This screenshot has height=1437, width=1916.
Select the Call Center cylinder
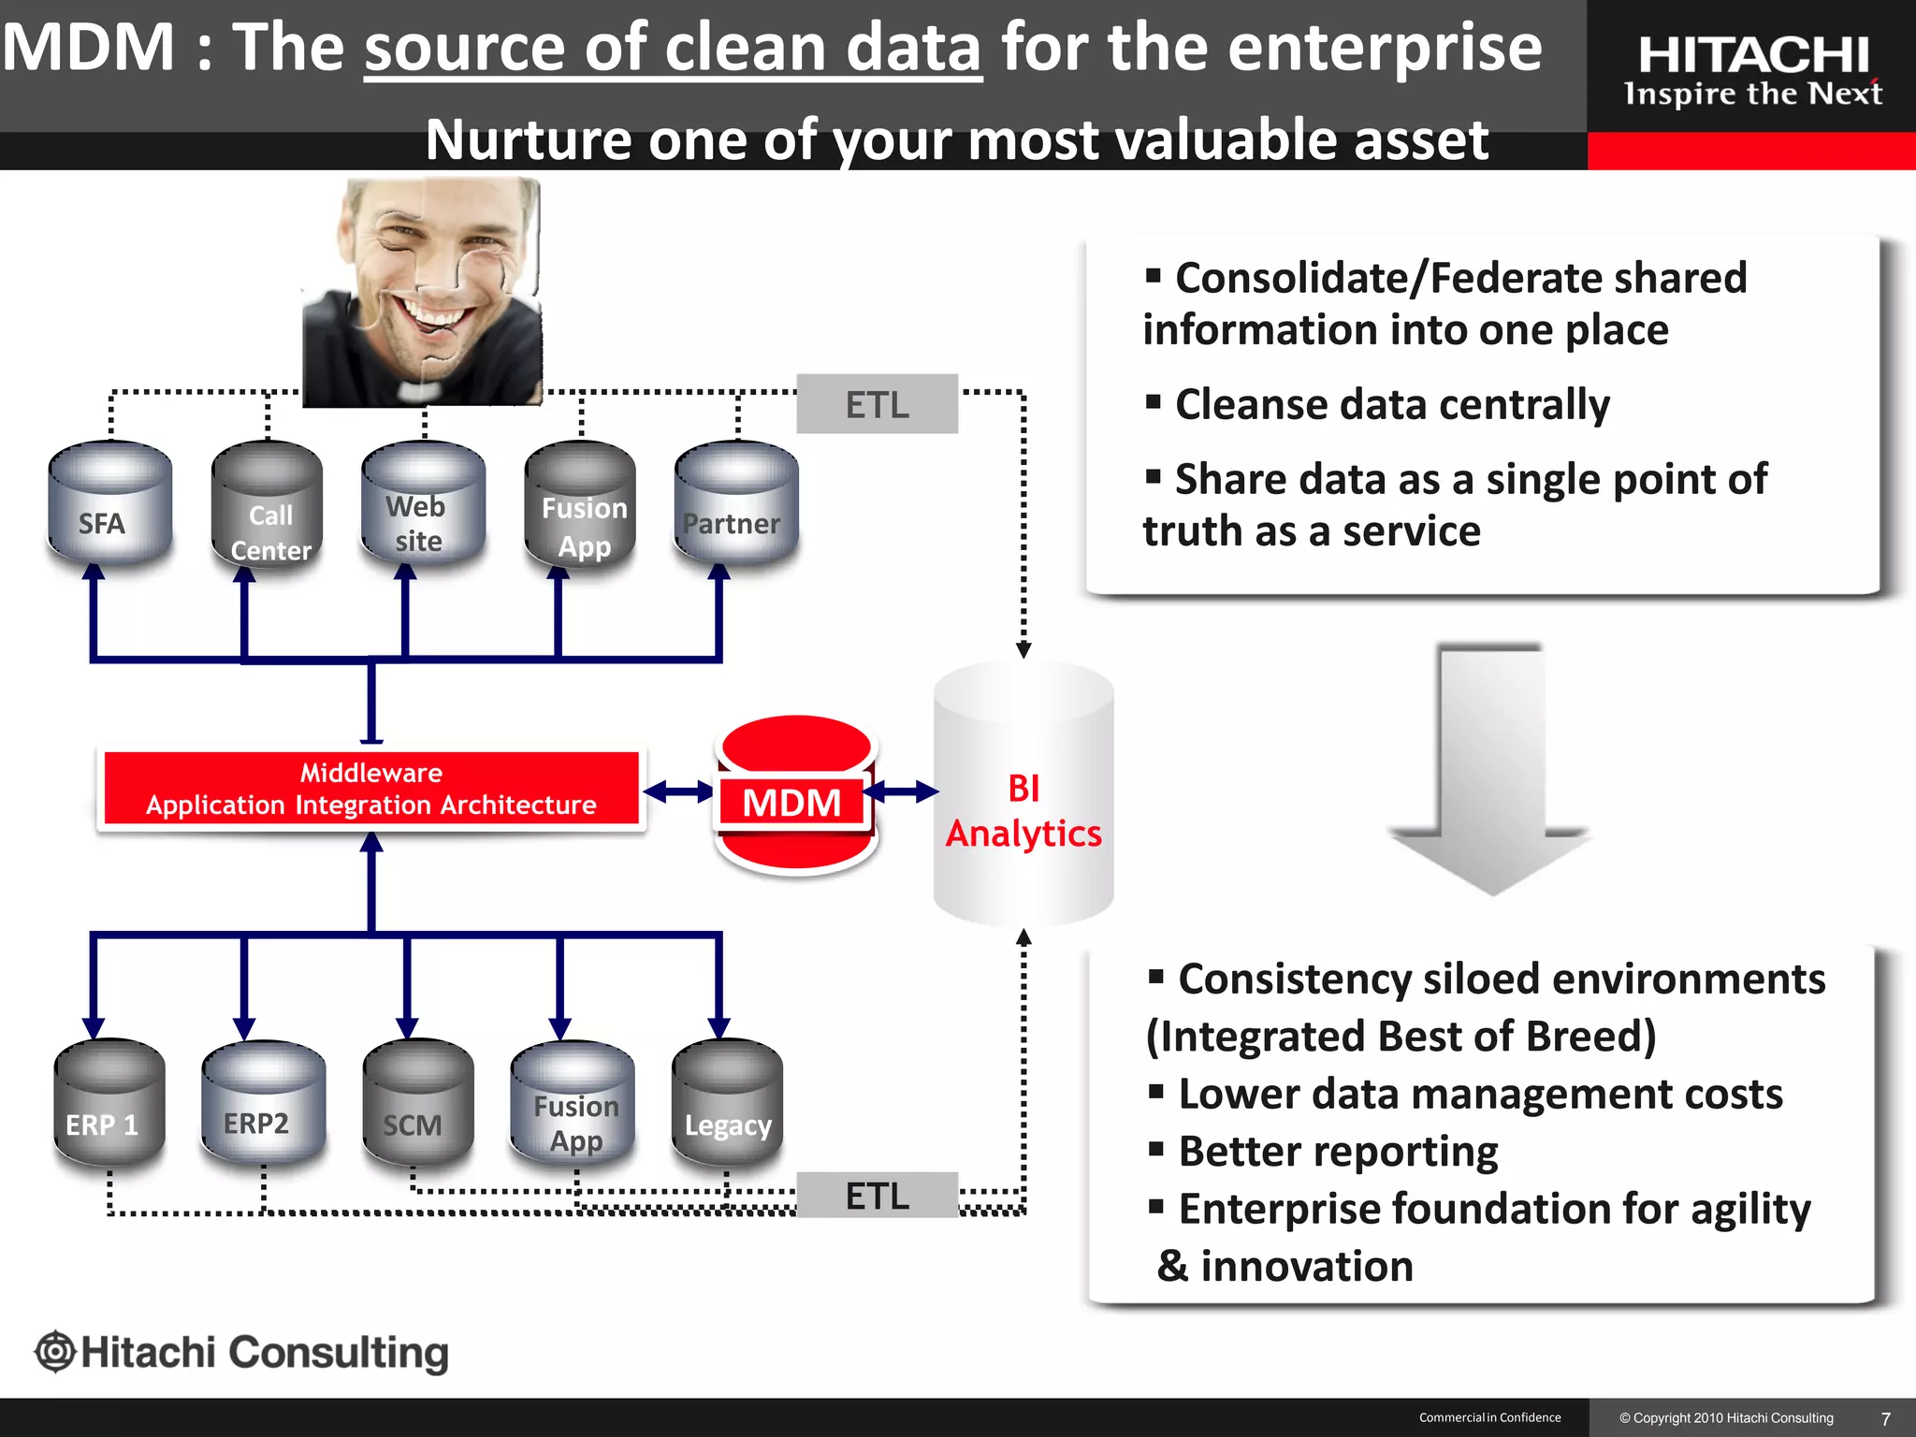click(x=268, y=505)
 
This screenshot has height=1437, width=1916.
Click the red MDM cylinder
click(x=795, y=795)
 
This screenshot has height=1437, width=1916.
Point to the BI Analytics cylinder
click(x=1023, y=795)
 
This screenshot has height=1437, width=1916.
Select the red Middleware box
click(x=371, y=789)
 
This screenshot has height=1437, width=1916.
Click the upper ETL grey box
click(x=877, y=404)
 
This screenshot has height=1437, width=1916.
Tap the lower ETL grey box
click(x=877, y=1195)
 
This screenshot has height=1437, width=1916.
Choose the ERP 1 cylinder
click(x=109, y=1104)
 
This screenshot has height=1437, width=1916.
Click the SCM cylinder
click(x=417, y=1104)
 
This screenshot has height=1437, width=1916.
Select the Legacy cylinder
click(x=727, y=1104)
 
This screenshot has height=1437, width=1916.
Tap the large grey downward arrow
click(x=1490, y=767)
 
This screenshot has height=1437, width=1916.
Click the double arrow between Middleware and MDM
click(x=678, y=792)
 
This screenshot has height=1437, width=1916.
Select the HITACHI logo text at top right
click(x=1753, y=54)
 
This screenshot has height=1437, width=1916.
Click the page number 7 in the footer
click(x=1885, y=1418)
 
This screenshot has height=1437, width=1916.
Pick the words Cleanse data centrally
click(x=1391, y=404)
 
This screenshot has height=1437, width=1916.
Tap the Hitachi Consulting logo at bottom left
click(x=243, y=1353)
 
